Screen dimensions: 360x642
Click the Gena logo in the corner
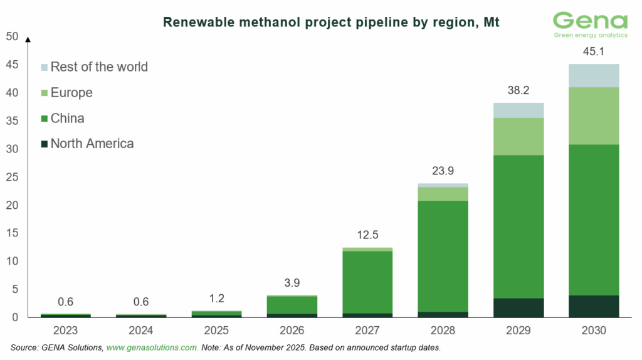[590, 25]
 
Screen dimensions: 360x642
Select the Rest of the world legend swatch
[44, 67]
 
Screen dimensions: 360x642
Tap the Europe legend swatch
[44, 93]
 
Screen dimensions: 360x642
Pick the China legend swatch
[44, 119]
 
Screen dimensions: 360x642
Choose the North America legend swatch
[44, 144]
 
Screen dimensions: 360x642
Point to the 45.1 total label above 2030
[593, 52]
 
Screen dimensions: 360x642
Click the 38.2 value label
[518, 90]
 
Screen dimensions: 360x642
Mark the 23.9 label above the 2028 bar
[443, 171]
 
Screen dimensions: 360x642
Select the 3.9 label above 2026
[292, 283]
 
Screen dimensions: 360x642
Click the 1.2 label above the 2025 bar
[216, 298]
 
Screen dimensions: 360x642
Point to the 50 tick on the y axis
[12, 36]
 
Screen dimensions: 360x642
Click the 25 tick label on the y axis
[12, 177]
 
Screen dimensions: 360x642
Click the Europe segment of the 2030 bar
[593, 116]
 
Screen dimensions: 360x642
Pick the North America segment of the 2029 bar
[518, 307]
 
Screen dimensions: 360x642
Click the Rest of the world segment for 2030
[593, 75]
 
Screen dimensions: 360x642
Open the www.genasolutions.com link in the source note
[152, 347]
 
